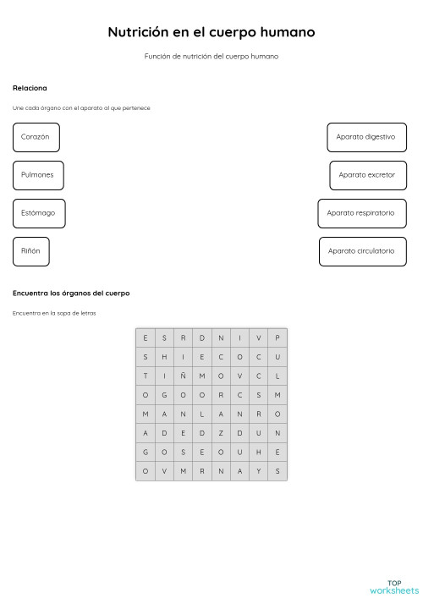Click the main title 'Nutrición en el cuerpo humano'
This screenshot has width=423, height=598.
pyautogui.click(x=211, y=32)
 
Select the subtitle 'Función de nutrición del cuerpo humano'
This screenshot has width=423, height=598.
pyautogui.click(x=211, y=57)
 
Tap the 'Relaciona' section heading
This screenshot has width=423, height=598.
pyautogui.click(x=30, y=88)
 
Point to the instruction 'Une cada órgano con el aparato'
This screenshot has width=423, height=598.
pyautogui.click(x=81, y=108)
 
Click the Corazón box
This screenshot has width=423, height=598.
pyautogui.click(x=36, y=137)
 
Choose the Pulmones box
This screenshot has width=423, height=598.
pyautogui.click(x=37, y=175)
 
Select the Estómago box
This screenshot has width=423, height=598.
pyautogui.click(x=38, y=213)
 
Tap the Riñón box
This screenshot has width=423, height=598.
pyautogui.click(x=30, y=251)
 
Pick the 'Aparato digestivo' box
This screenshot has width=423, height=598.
pyautogui.click(x=365, y=137)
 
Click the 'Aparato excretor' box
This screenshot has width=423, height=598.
pyautogui.click(x=366, y=175)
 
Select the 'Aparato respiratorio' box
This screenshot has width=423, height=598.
pyautogui.click(x=361, y=213)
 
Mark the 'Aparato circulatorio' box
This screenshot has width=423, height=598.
pyautogui.click(x=362, y=251)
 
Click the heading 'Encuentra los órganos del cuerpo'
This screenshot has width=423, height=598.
pyautogui.click(x=71, y=294)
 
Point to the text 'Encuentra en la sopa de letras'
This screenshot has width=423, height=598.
pyautogui.click(x=54, y=314)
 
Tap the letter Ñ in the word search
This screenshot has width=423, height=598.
pyautogui.click(x=183, y=376)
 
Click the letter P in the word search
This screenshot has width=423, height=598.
pyautogui.click(x=277, y=337)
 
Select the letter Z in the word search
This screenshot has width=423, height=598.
pyautogui.click(x=221, y=432)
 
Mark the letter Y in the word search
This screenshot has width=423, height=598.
pyautogui.click(x=259, y=471)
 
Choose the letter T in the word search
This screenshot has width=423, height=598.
pyautogui.click(x=145, y=376)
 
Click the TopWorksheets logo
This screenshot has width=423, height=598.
pyautogui.click(x=393, y=586)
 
